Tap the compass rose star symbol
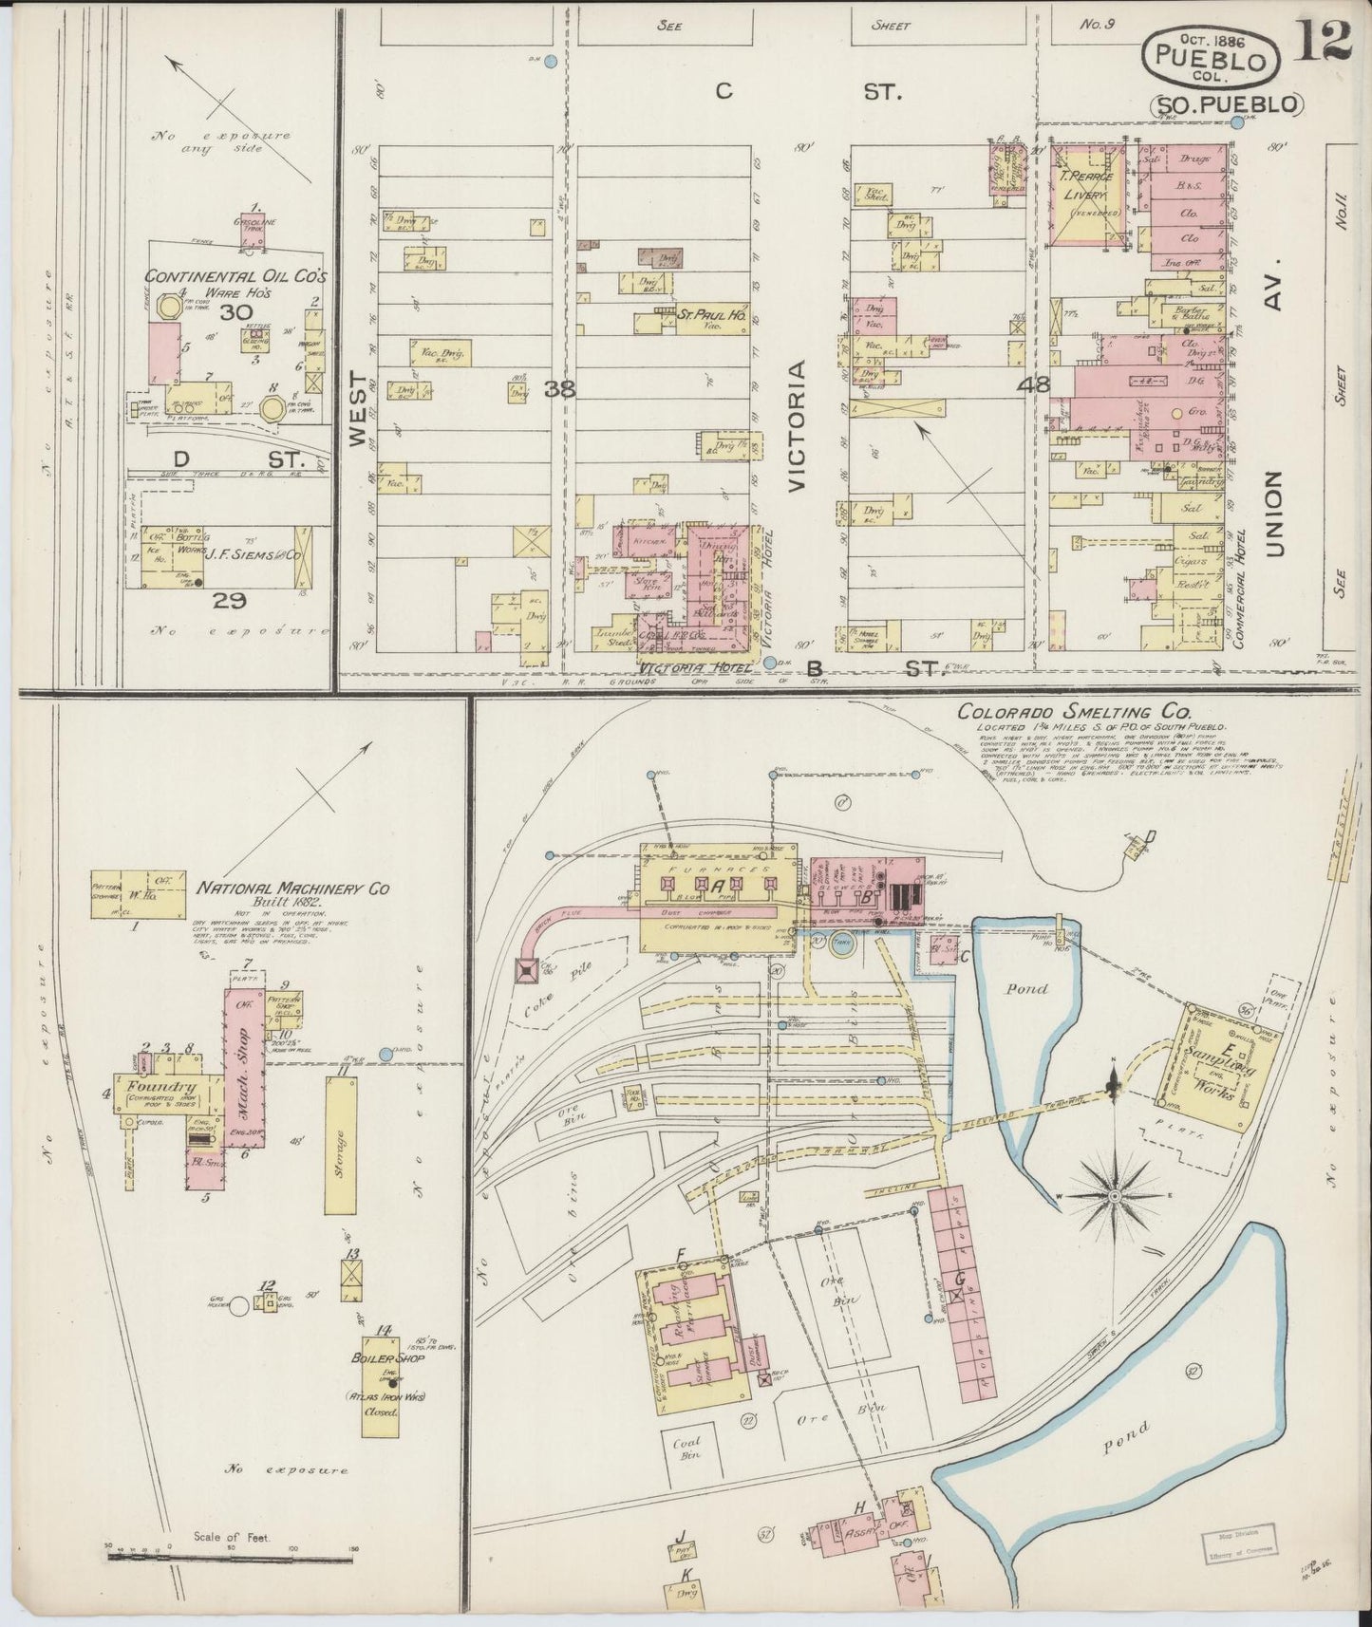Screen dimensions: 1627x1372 pyautogui.click(x=1113, y=1197)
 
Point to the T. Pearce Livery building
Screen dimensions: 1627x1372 pyautogui.click(x=1088, y=193)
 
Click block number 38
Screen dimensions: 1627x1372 pyautogui.click(x=560, y=387)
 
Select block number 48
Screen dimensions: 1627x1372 pyautogui.click(x=1033, y=385)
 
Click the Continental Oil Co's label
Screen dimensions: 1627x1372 pyautogui.click(x=235, y=277)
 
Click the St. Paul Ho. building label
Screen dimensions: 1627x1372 pyautogui.click(x=702, y=311)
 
